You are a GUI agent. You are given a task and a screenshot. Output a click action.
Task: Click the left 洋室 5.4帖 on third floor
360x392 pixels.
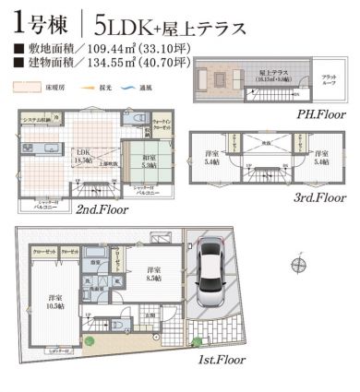pos(210,154)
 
